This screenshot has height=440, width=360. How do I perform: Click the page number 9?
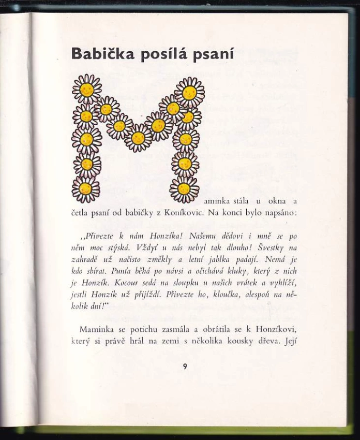(184, 366)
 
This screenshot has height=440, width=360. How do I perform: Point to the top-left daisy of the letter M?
(87, 89)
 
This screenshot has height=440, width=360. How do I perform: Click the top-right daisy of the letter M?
(189, 92)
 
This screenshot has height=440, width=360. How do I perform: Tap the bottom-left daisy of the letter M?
(86, 189)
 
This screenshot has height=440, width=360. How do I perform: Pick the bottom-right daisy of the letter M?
(184, 189)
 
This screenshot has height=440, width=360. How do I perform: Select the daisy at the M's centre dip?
(138, 138)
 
